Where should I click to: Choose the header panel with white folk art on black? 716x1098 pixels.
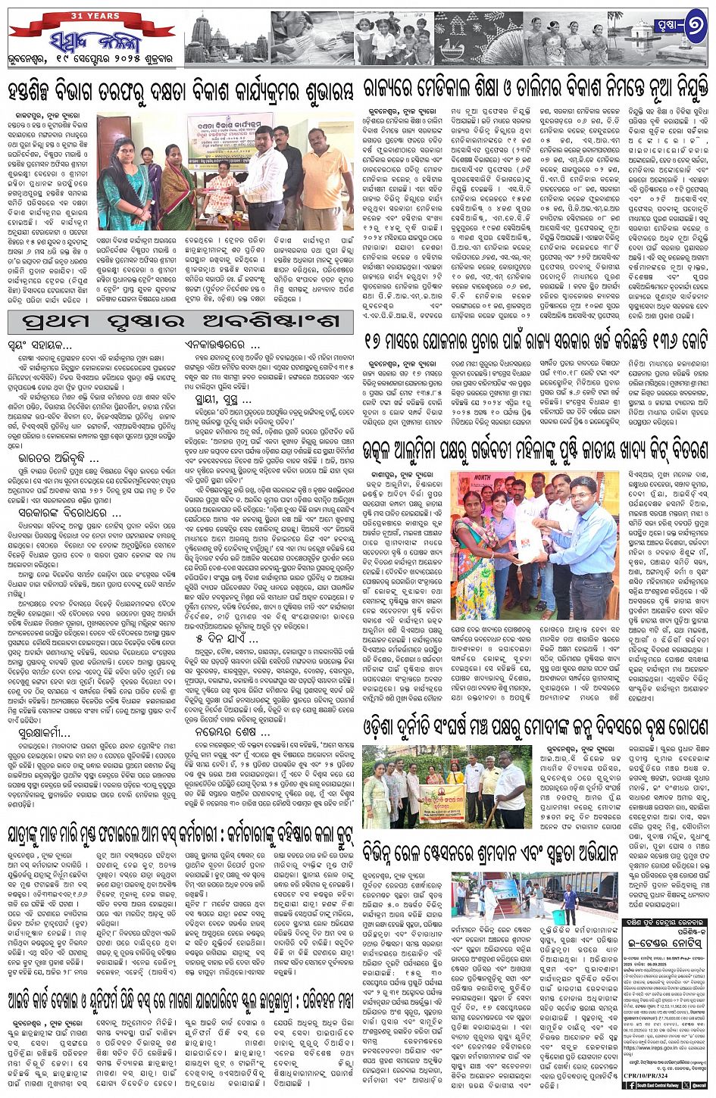(x=477, y=39)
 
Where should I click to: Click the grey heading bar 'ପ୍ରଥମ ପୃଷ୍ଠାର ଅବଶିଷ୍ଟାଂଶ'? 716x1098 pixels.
(x=180, y=321)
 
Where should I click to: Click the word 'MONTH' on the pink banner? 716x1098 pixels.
(x=472, y=479)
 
